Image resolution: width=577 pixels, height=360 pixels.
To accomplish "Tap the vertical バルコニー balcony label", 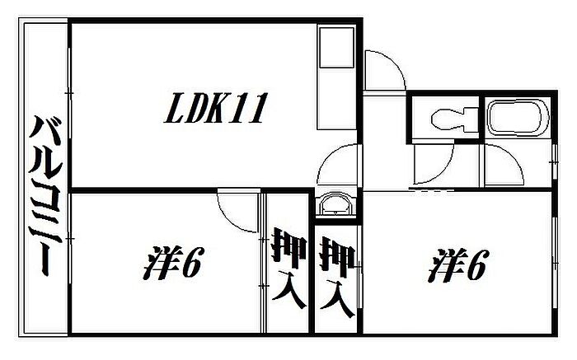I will (46, 198).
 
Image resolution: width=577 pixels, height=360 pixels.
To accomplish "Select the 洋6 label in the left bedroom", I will (176, 265).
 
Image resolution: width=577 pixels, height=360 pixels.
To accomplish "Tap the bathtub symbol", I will (516, 119).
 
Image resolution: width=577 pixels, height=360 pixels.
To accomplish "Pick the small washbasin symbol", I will (335, 204).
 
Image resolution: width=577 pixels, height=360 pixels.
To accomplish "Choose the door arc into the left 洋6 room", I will (240, 211).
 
